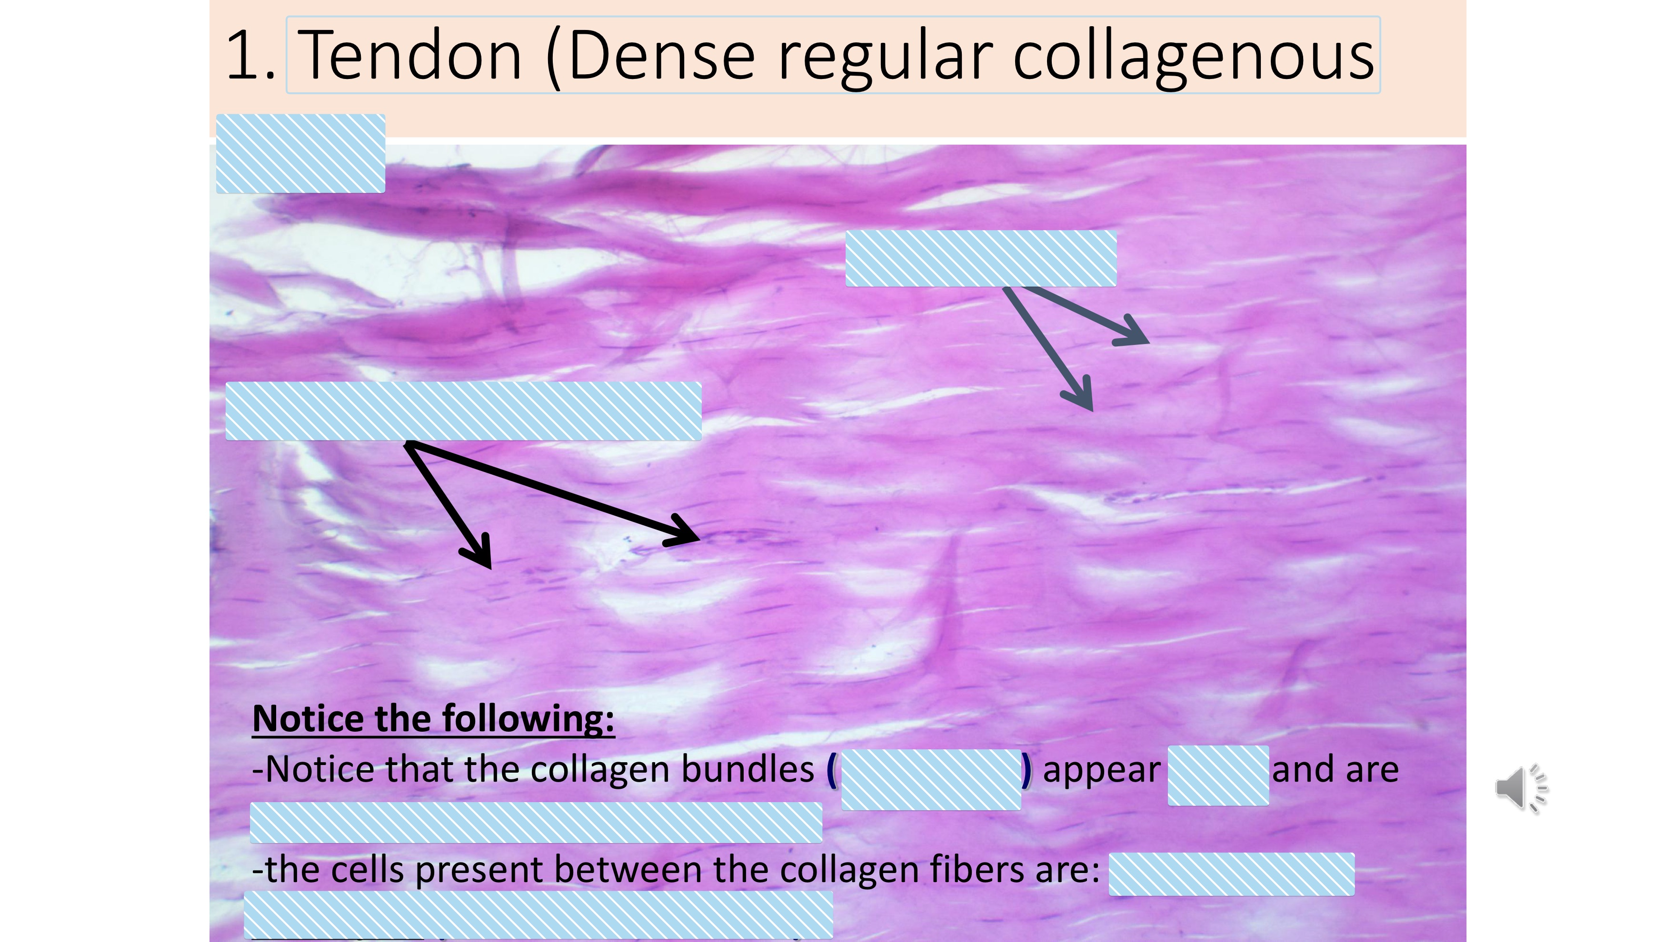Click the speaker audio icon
(x=1520, y=788)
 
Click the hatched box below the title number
(x=300, y=153)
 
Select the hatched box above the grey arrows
(x=980, y=258)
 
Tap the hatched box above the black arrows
(x=463, y=411)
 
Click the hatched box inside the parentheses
(x=930, y=779)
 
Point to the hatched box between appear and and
(x=1218, y=775)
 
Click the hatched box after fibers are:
(x=1231, y=874)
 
